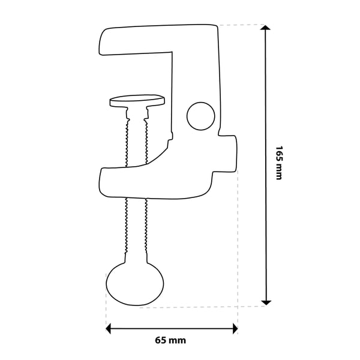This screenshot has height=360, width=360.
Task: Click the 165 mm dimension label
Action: (278, 163)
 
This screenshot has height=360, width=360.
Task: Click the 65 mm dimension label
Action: (170, 340)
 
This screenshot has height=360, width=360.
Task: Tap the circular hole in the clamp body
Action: (201, 116)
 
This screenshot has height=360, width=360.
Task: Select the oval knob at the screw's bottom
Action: (135, 284)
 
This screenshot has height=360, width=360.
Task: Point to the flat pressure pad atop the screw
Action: (137, 101)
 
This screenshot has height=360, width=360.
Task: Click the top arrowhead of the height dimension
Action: (266, 28)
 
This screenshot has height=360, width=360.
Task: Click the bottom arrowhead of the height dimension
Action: (266, 303)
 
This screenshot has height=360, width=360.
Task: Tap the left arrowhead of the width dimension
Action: (109, 329)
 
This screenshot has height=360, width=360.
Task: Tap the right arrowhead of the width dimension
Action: (235, 329)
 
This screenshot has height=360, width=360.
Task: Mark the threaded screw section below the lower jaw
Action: (136, 226)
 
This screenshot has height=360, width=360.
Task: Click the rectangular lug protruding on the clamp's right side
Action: (227, 154)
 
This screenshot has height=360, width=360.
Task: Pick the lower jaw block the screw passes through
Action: (156, 182)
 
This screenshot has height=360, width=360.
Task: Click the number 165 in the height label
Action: (278, 154)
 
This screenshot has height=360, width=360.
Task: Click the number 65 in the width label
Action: (160, 340)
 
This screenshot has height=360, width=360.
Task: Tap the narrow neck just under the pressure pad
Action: (137, 113)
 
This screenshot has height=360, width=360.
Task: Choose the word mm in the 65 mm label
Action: (177, 341)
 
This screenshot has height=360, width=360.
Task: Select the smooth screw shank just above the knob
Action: (136, 258)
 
